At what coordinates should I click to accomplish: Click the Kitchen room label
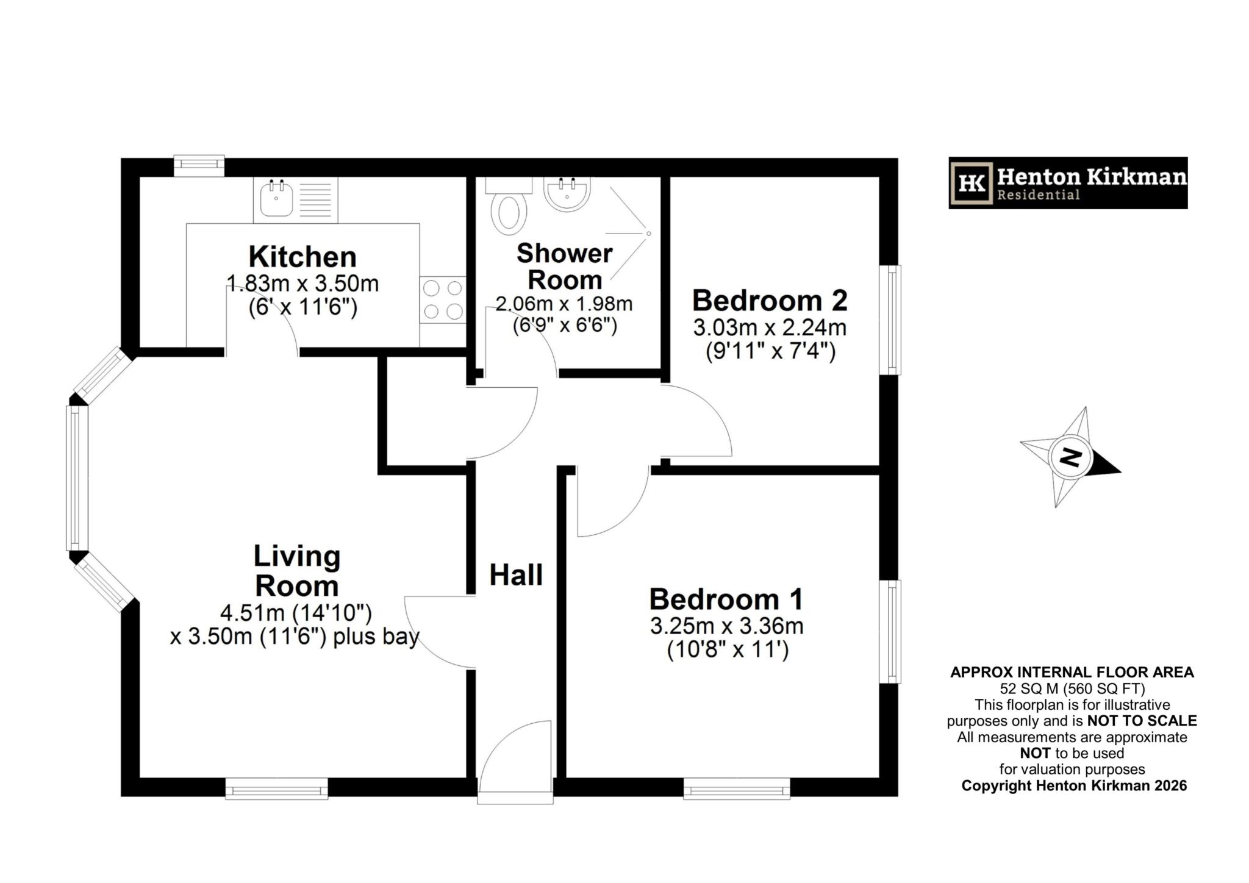pyautogui.click(x=302, y=257)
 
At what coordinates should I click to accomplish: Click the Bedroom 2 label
pyautogui.click(x=770, y=301)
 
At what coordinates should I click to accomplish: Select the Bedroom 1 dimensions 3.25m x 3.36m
pyautogui.click(x=726, y=626)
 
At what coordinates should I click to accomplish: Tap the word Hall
pyautogui.click(x=516, y=575)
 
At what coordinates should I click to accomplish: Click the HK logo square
pyautogui.click(x=972, y=182)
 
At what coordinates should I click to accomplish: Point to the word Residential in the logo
pyautogui.click(x=1038, y=195)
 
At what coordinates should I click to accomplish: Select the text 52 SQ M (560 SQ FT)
pyautogui.click(x=1072, y=688)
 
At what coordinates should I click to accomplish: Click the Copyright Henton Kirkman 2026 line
pyautogui.click(x=1074, y=785)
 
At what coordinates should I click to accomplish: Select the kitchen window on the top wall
pyautogui.click(x=199, y=165)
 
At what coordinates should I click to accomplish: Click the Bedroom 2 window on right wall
pyautogui.click(x=893, y=320)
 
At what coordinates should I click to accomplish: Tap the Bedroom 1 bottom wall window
pyautogui.click(x=737, y=792)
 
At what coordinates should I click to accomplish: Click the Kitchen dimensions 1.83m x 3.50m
pyautogui.click(x=302, y=284)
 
